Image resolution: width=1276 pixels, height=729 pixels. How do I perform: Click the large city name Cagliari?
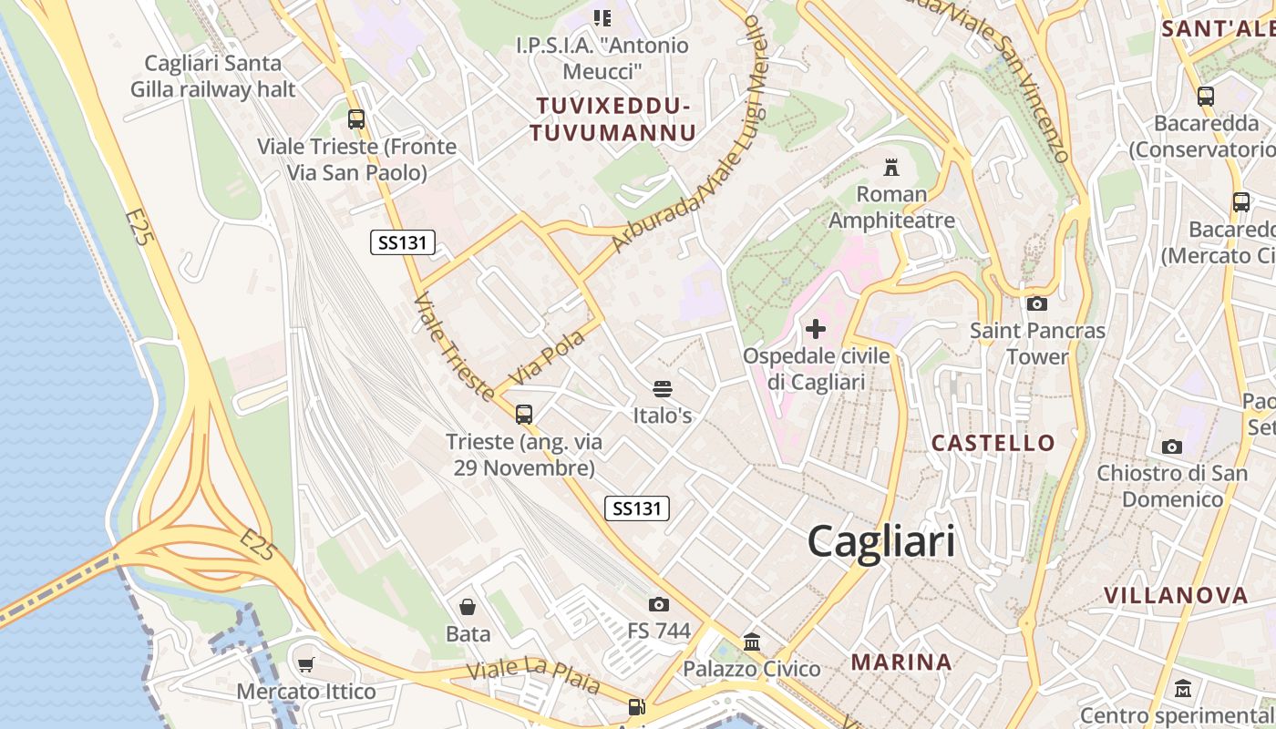tap(881, 541)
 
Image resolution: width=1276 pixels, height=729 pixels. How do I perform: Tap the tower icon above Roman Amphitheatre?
tap(891, 168)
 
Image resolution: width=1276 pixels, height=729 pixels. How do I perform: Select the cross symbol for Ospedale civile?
tap(816, 328)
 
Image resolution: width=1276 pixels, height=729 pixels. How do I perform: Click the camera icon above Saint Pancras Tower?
tap(1036, 303)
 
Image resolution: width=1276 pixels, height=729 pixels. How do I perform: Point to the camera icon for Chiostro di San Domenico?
tap(1172, 447)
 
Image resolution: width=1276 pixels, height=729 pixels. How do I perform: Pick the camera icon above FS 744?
tap(658, 604)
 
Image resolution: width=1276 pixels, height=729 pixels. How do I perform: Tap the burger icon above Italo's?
tap(663, 389)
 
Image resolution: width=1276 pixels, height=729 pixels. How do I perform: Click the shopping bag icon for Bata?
tap(468, 607)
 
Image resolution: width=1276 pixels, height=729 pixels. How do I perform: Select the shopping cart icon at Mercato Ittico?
tap(306, 665)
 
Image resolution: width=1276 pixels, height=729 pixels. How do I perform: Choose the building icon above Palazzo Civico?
tap(752, 642)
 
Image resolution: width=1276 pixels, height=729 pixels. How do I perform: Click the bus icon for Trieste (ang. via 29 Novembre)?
tap(524, 415)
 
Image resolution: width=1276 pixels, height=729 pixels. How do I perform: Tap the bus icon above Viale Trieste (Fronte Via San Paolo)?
tap(356, 118)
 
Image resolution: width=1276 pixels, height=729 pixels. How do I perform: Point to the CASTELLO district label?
tap(993, 444)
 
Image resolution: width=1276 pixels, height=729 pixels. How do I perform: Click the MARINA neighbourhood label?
tap(901, 662)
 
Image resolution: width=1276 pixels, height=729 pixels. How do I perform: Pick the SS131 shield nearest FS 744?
tap(637, 508)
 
